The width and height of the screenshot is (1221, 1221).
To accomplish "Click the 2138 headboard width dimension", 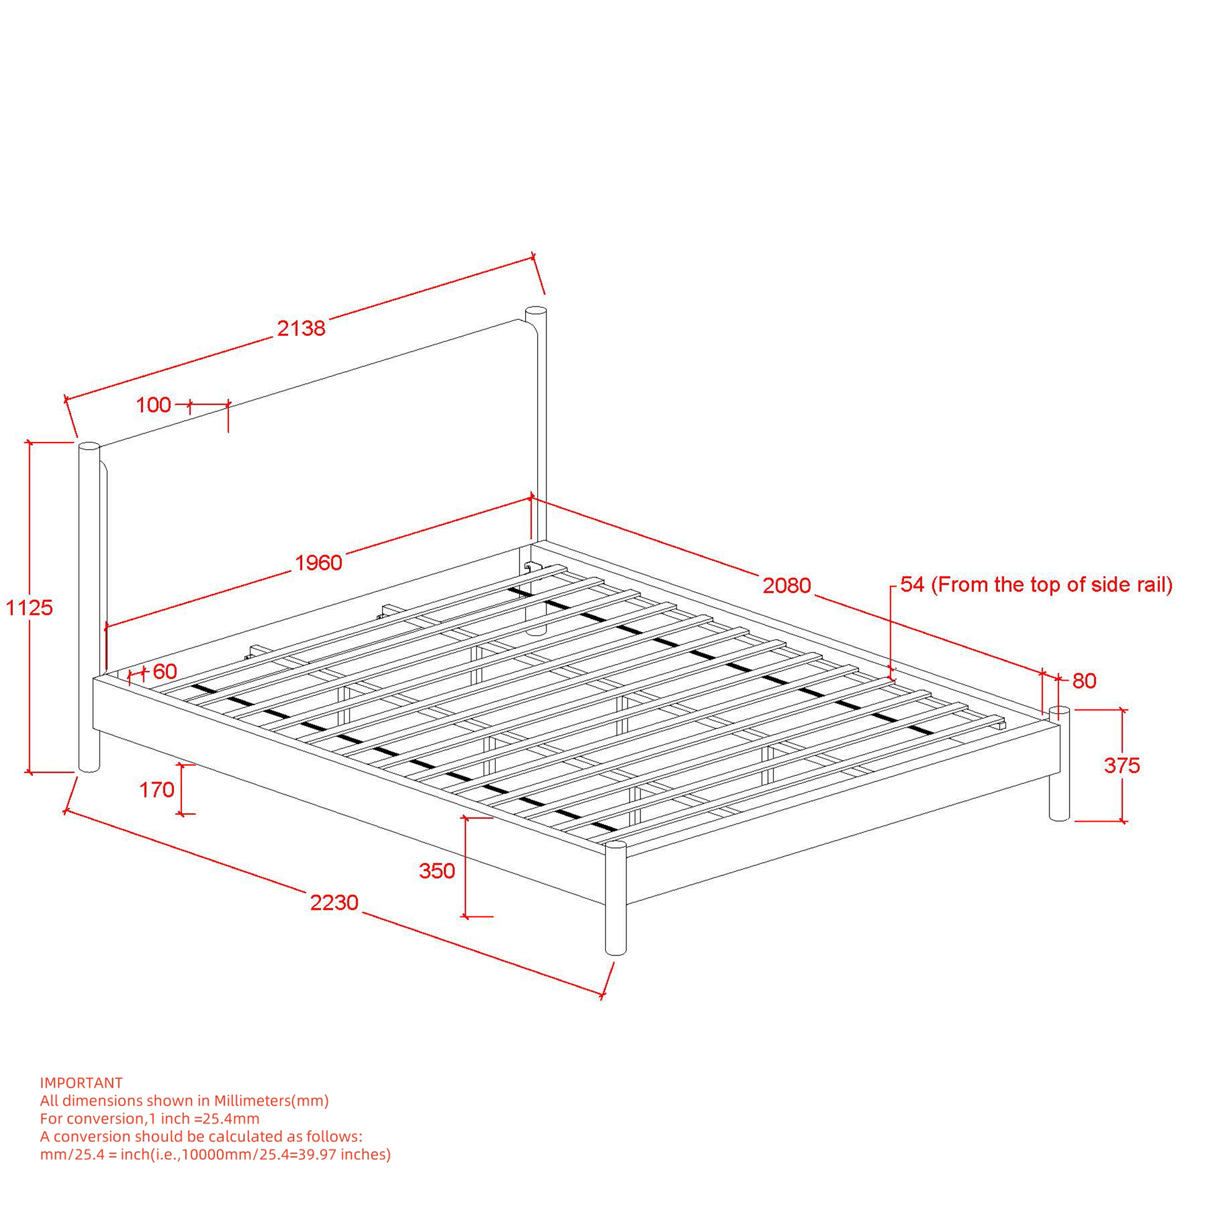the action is (302, 328).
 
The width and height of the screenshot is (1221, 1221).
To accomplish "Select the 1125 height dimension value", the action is (29, 607).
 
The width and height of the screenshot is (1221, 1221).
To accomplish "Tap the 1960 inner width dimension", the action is (319, 562).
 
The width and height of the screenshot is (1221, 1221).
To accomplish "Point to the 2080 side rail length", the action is (787, 585).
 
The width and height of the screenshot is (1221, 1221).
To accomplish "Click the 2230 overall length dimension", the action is (335, 902).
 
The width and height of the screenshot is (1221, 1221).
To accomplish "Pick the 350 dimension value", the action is (437, 871).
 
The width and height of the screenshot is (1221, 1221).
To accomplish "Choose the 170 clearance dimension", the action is (157, 789).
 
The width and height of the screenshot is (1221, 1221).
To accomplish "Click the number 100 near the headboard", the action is (154, 405).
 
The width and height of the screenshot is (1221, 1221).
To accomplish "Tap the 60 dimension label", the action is (165, 671).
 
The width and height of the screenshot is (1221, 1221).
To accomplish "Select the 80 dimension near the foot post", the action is (1084, 681).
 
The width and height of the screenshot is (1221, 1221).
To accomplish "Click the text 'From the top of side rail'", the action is (1053, 585).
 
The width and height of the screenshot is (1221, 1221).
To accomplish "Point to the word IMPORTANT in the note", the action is (81, 1082).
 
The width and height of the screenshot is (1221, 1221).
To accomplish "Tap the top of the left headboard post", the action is (89, 447).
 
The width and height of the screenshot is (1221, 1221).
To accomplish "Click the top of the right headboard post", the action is (536, 311).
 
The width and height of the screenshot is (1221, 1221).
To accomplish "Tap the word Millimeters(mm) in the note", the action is (271, 1101).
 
